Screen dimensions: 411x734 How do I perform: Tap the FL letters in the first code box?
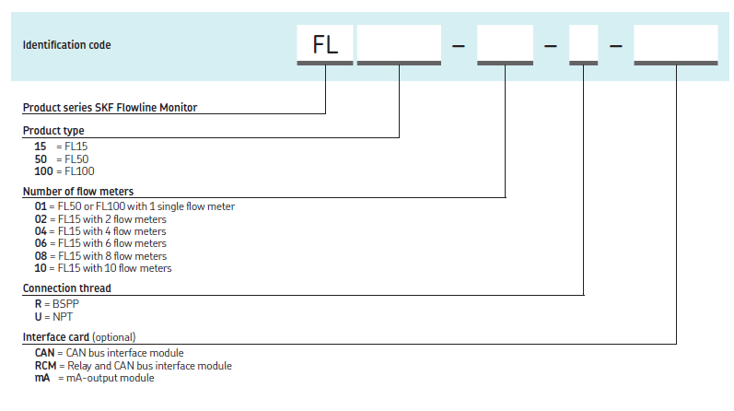point(326,44)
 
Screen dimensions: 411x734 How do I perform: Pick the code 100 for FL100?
point(42,170)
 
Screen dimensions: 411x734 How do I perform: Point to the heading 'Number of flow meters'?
point(78,192)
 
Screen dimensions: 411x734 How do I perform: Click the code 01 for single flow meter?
point(40,206)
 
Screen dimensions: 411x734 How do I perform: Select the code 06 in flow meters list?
point(40,243)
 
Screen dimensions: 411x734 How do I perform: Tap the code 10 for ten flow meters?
point(40,268)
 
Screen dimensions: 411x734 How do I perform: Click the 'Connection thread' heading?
point(67,288)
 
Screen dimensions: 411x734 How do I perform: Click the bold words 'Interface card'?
point(56,337)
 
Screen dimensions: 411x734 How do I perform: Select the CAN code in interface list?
point(44,353)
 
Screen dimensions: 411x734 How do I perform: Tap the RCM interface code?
point(45,366)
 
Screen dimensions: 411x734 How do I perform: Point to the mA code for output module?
point(41,378)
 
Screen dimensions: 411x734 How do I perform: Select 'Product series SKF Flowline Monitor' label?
point(110,108)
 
